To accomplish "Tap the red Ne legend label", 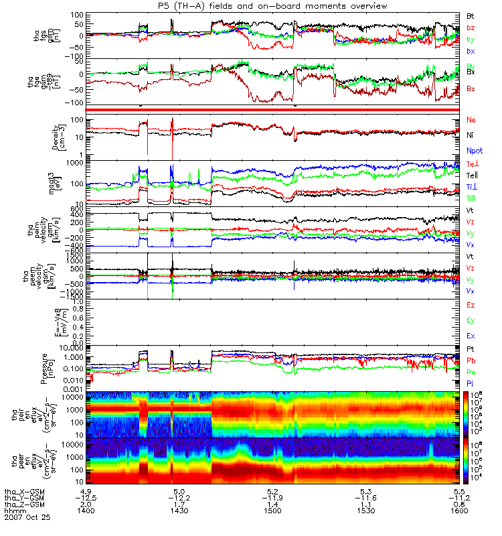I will [x=471, y=119].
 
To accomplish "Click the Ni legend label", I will [x=470, y=135].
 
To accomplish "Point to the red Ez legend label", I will [x=471, y=305].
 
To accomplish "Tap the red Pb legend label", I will [x=471, y=360].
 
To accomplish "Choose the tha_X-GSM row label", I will [x=23, y=490].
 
